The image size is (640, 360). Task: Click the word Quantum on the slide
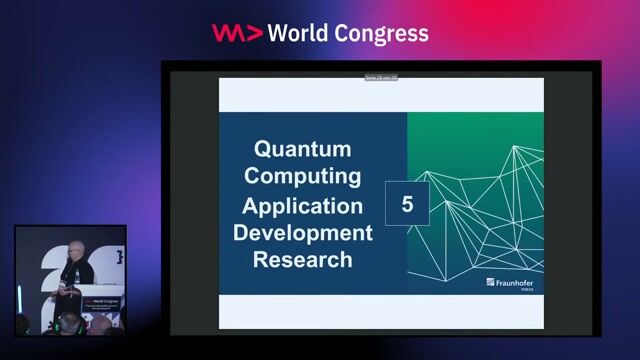coord(302,150)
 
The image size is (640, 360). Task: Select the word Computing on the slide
coord(302,177)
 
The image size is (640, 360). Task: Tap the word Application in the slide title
coord(302,206)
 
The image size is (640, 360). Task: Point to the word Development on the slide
coord(302,233)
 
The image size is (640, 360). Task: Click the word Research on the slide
coord(302,259)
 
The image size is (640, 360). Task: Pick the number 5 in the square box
coord(407,205)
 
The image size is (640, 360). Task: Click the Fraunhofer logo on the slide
coord(513,283)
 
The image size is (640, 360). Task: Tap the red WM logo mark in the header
coord(237,33)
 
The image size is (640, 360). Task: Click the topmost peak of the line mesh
coord(516,147)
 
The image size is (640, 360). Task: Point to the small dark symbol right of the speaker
coord(119,257)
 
